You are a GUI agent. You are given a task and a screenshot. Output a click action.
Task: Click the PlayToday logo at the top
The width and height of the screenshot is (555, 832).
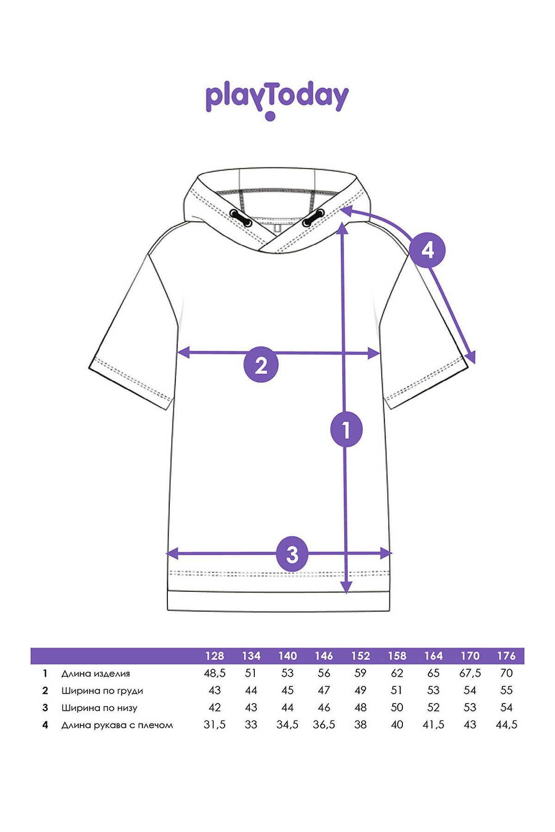(x=277, y=101)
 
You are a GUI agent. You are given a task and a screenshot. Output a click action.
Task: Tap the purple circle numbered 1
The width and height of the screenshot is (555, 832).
(x=346, y=430)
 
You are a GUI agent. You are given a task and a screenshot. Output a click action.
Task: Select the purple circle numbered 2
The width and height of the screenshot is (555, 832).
(x=261, y=366)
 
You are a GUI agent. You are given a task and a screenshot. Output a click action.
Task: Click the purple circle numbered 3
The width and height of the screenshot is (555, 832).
(x=292, y=554)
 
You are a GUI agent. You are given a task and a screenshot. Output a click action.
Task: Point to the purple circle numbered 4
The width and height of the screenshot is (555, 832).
(x=427, y=251)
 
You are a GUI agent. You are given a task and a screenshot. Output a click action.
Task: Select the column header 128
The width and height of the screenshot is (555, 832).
(x=215, y=656)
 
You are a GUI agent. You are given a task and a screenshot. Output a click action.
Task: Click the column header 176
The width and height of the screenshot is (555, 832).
(x=506, y=656)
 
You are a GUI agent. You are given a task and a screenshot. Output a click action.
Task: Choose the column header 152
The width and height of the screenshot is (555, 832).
(x=360, y=656)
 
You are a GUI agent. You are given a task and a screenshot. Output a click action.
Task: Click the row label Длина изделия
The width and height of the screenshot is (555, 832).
(x=96, y=673)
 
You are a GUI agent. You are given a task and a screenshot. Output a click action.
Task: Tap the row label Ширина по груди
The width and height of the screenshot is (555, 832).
(x=102, y=691)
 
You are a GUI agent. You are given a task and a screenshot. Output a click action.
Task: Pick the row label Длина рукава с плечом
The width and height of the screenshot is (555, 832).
(x=117, y=725)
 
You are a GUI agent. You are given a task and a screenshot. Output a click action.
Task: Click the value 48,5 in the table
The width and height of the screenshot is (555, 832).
(x=215, y=673)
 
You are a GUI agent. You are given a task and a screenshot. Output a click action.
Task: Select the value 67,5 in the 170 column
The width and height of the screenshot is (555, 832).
(x=470, y=673)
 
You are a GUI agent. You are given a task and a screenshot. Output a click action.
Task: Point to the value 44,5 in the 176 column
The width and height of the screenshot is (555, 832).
(x=506, y=725)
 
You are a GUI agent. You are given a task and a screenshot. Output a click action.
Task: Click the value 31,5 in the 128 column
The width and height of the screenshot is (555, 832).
(x=215, y=725)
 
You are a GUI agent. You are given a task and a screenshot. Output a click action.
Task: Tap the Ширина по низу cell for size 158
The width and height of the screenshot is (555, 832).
(x=397, y=708)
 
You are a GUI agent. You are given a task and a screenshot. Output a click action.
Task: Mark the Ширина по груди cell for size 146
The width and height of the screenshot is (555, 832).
(x=324, y=691)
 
